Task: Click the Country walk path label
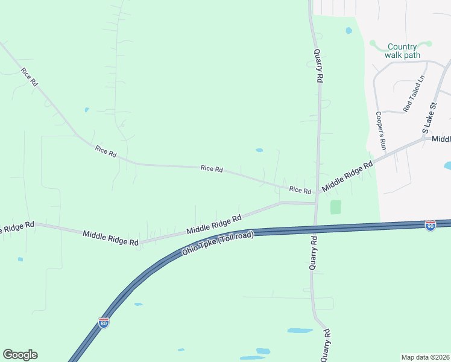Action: [402, 51]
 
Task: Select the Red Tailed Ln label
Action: [415, 93]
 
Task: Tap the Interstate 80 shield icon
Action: [104, 323]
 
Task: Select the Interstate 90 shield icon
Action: [430, 225]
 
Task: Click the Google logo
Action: [20, 355]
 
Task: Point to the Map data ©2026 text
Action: [425, 357]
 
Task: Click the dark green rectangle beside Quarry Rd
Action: [336, 207]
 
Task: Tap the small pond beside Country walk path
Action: [349, 30]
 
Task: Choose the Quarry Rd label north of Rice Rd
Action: [319, 65]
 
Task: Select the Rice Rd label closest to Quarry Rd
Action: [300, 190]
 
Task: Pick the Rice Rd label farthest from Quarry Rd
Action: [29, 77]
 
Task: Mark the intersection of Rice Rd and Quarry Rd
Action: [317, 193]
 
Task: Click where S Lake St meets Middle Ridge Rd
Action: [427, 139]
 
